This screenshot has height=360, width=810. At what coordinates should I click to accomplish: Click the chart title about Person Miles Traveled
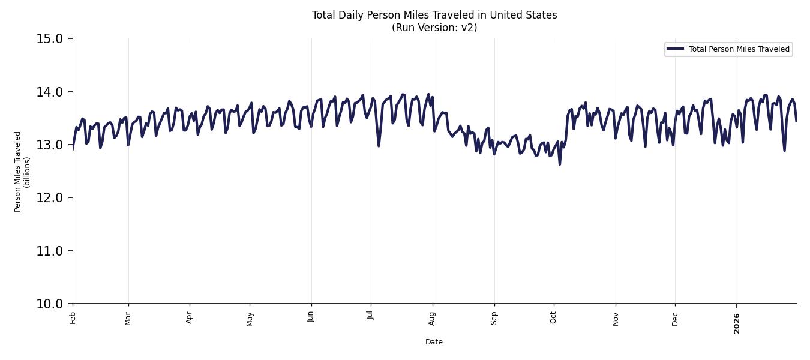(x=434, y=15)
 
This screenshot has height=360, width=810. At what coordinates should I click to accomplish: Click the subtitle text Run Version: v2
(x=434, y=28)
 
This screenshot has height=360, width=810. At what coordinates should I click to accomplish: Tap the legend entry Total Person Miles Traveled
(x=739, y=49)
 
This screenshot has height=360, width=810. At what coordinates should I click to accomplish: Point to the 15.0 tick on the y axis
(x=50, y=39)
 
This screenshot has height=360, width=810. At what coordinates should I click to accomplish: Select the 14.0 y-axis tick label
(x=50, y=92)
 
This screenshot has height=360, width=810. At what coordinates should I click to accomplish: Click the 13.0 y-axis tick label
(x=50, y=145)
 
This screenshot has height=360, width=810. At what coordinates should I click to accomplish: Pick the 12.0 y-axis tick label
(x=50, y=198)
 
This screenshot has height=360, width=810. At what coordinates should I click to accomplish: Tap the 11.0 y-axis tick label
(x=50, y=251)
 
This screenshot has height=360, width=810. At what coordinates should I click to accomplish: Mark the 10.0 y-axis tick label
(x=50, y=304)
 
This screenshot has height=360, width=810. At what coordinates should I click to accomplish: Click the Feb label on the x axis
(x=73, y=318)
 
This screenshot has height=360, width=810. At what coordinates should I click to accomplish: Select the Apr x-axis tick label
(x=190, y=318)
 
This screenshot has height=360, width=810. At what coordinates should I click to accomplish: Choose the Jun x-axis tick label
(x=311, y=318)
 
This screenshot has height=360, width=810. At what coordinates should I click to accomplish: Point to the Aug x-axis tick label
(x=433, y=318)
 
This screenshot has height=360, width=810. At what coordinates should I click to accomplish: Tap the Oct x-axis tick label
(x=553, y=318)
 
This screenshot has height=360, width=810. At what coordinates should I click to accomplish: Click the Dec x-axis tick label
(x=675, y=318)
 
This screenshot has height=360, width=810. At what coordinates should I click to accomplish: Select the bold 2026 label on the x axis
(x=737, y=323)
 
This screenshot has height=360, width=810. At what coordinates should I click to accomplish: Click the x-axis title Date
(x=434, y=342)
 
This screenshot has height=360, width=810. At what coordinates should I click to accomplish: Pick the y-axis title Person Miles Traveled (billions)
(x=22, y=172)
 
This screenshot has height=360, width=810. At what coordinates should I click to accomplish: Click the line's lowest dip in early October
(x=560, y=164)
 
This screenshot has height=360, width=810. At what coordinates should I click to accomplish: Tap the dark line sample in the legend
(x=675, y=49)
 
